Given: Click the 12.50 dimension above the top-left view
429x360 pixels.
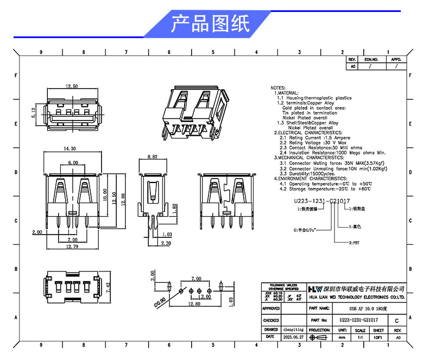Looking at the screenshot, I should pos(72,86).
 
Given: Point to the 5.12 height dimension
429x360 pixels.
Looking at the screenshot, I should pos(34,113).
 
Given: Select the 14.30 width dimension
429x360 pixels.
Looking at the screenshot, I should pos(70,148).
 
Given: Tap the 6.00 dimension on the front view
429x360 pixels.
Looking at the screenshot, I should pos(72,163).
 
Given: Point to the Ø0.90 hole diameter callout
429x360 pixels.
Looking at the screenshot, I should pos(160,301).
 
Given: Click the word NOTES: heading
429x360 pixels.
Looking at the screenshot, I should pos(277,87).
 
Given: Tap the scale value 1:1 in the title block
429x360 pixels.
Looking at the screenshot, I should pos(359,337).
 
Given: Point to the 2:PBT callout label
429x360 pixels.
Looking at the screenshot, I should pos(354,243).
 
